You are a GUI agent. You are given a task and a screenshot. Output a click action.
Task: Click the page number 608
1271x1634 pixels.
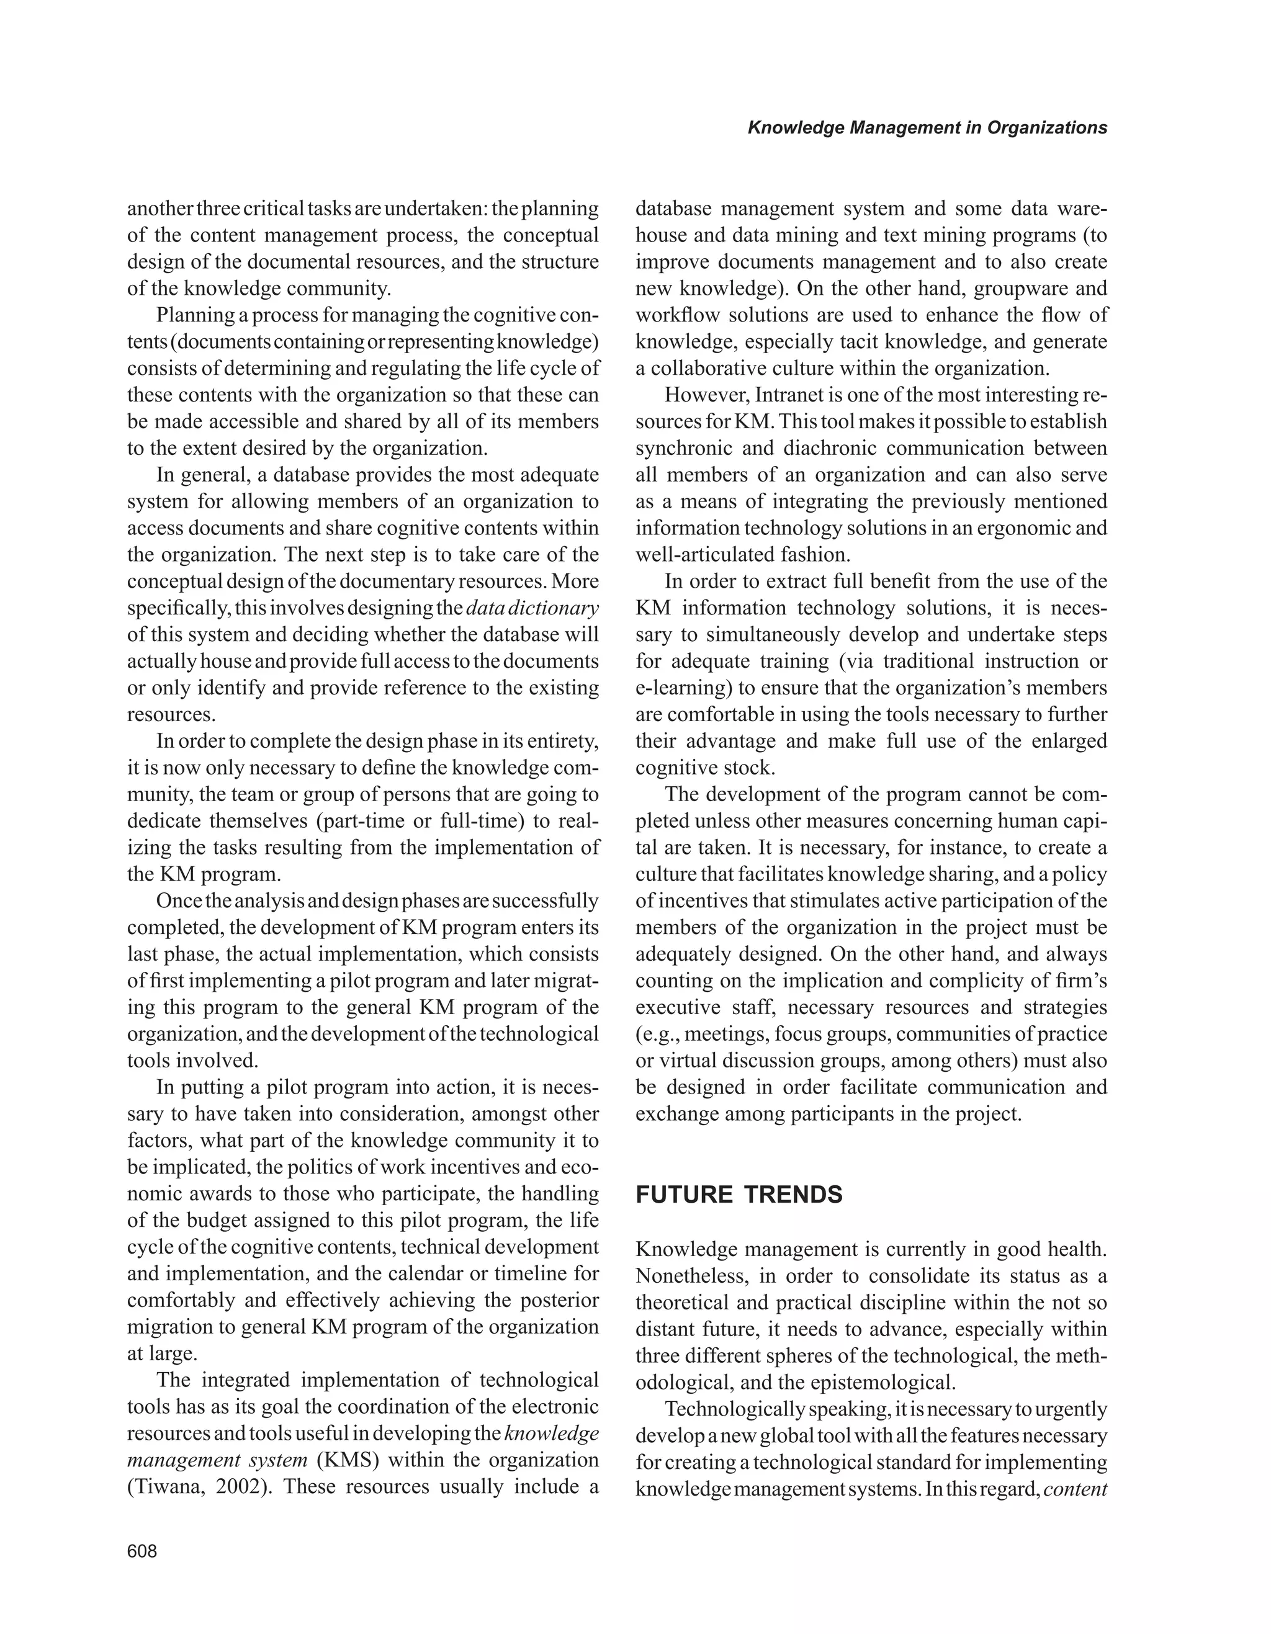tap(142, 1551)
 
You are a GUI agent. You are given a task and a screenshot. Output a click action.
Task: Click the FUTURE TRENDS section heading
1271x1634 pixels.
tap(739, 1195)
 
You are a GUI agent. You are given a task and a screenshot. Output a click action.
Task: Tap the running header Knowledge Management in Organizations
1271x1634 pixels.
tap(927, 128)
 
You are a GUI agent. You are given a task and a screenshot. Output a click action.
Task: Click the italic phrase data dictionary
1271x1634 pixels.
tap(532, 608)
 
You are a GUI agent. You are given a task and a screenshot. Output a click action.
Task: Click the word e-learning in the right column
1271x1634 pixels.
tap(677, 688)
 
